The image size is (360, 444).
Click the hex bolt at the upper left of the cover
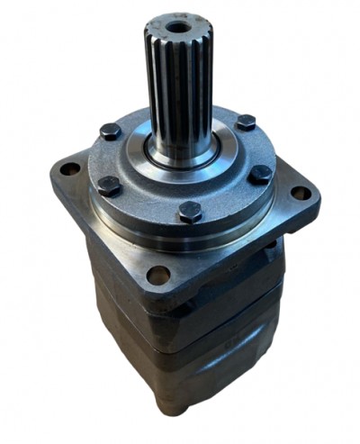[x=111, y=131]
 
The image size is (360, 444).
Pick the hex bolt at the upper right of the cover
[x=244, y=122]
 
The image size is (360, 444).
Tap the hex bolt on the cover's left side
[x=109, y=186]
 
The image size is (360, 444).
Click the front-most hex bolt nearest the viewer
[x=189, y=212]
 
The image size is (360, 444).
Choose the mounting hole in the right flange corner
[x=300, y=192]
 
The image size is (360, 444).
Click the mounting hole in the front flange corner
[x=158, y=274]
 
